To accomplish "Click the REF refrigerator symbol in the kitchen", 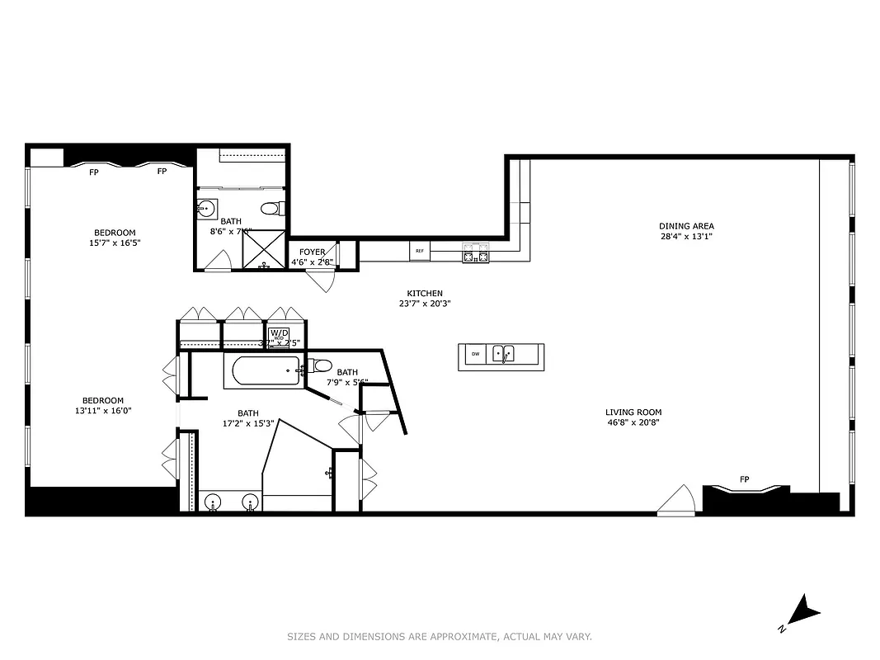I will point(420,251).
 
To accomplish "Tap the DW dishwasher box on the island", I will point(475,355).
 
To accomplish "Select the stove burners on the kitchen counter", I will point(475,252).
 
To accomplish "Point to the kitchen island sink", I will point(503,355).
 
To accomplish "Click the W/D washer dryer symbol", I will point(279,335).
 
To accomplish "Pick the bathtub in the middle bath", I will point(261,371).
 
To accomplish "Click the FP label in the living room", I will point(744,479).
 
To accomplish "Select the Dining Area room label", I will point(686,226).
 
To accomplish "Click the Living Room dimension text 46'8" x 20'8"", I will point(633,422).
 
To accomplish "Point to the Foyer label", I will point(313,252).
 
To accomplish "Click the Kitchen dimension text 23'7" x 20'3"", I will point(425,303).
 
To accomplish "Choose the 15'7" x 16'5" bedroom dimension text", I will point(115,243).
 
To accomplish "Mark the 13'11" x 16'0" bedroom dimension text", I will point(103,411).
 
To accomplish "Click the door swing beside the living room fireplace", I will point(679,500).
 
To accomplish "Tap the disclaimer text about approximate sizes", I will point(440,636).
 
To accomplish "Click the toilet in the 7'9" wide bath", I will point(322,366).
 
